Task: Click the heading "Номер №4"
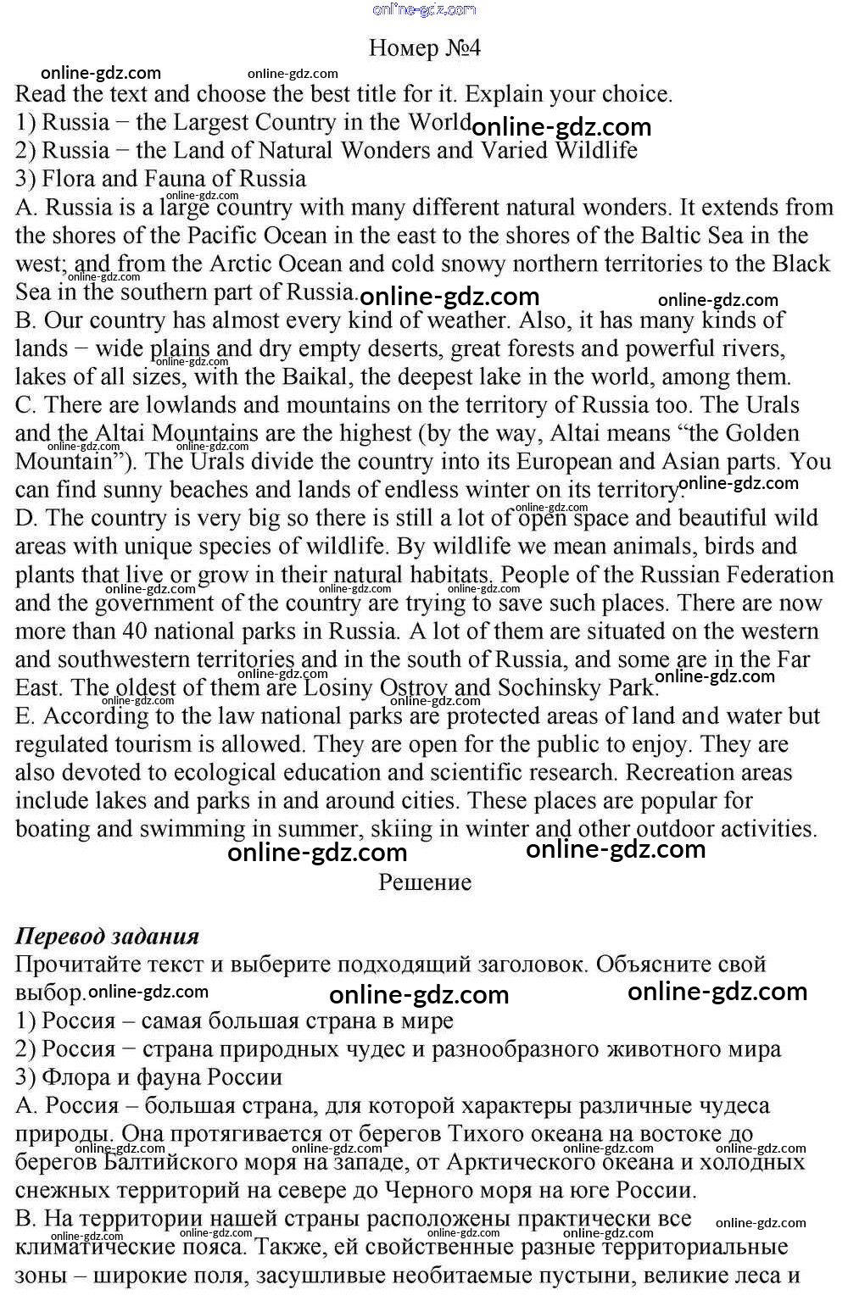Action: coord(424,48)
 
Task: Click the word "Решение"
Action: coord(424,882)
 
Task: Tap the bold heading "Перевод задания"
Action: coord(107,936)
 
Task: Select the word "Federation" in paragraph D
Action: coord(776,575)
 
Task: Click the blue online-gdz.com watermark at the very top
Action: coord(424,9)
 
